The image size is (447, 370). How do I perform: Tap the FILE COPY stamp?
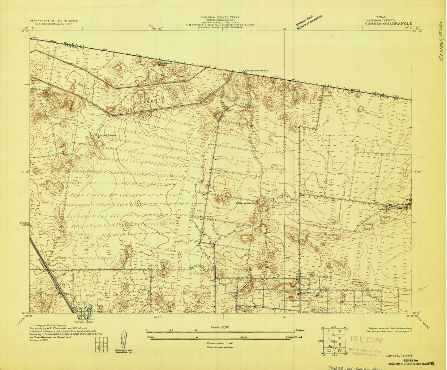(367, 340)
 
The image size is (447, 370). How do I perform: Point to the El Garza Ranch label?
(246, 203)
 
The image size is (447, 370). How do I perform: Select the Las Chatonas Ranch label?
(255, 71)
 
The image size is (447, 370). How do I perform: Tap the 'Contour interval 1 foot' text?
(220, 343)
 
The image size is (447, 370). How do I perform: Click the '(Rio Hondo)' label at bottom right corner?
(424, 323)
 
